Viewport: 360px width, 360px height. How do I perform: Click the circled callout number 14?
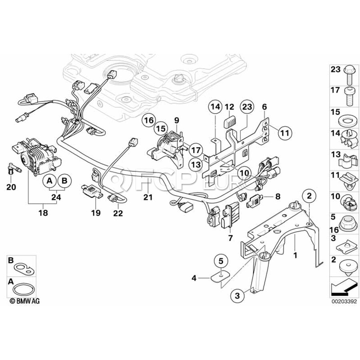tap(216, 107)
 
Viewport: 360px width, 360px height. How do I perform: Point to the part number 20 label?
tap(11, 186)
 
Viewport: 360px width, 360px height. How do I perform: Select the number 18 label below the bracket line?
tap(43, 213)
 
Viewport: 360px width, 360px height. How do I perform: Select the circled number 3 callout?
tap(237, 296)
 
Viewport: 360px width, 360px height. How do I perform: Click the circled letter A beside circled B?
tap(50, 181)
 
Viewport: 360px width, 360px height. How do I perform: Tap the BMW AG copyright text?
tap(25, 300)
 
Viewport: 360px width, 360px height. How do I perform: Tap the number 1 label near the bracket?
tap(295, 254)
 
